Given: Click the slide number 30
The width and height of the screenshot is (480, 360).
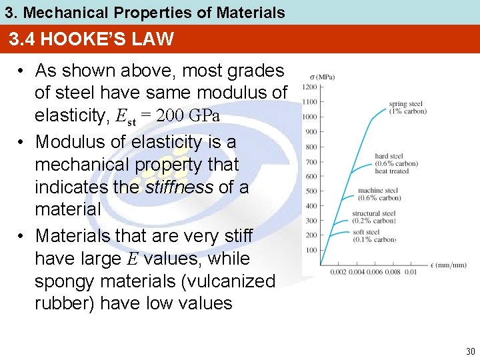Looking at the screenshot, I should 470,351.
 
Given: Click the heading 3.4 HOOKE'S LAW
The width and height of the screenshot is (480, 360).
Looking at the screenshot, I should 91,39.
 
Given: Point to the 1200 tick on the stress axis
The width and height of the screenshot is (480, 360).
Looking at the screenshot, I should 309,87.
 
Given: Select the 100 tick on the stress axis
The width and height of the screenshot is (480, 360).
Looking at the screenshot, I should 311,250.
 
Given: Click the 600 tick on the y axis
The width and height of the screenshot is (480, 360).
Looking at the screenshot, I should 311,177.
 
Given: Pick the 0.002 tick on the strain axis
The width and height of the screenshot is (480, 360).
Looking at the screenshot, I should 338,271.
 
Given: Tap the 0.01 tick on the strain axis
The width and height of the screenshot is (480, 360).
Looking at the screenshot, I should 411,271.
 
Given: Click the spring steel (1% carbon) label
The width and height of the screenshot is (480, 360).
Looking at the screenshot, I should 408,107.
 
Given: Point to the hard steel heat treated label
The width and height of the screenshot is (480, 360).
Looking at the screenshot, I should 396,163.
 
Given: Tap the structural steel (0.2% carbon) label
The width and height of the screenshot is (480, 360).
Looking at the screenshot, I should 374,217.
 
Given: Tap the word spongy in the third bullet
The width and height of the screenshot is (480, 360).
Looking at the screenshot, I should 64,281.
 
